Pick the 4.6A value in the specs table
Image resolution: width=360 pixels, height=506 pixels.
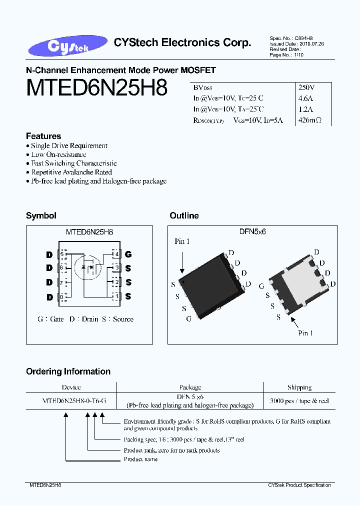[x=305, y=98]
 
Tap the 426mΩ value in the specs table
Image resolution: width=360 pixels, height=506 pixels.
[x=309, y=120]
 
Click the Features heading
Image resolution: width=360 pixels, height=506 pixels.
[x=43, y=136]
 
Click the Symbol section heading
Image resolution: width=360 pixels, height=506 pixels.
[x=41, y=215]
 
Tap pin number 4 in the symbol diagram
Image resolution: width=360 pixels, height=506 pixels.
[x=116, y=254]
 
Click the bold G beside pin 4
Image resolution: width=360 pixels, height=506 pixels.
[x=128, y=254]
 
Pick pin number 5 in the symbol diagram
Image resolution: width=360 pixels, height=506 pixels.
[x=62, y=254]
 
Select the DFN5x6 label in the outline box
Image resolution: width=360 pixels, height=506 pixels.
[x=252, y=232]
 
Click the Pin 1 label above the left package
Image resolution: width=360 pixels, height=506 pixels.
[x=182, y=241]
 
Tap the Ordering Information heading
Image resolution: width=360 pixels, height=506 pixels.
[x=68, y=371]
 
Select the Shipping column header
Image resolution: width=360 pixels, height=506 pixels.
[x=299, y=387]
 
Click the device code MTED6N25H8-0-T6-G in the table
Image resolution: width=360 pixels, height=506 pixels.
[x=74, y=401]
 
